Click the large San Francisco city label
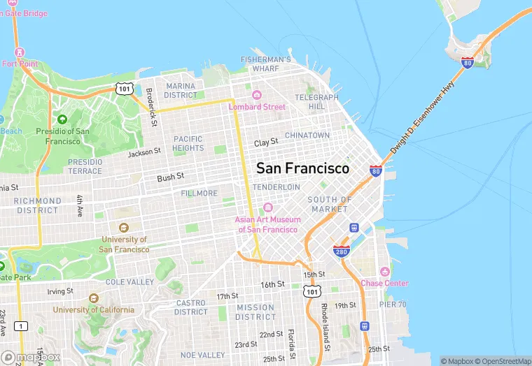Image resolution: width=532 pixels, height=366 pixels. pos(302,169)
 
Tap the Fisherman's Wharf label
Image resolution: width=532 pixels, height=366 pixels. pos(265,64)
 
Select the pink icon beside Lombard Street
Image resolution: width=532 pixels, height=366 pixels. pos(256,95)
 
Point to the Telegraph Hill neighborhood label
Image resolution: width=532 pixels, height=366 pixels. pos(316,102)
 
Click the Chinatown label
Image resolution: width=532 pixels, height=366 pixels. pos(307,135)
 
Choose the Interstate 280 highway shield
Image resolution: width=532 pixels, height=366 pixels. pos(341,251)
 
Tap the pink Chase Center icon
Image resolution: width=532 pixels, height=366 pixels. pos(384,272)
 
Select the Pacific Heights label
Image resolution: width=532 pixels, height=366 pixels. pos(188,143)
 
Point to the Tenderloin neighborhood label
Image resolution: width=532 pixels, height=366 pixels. pos(276,187)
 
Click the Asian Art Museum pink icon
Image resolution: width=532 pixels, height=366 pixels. pos(267,208)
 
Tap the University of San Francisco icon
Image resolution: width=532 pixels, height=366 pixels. pos(124,227)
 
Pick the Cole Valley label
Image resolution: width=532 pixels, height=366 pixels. pos(129,281)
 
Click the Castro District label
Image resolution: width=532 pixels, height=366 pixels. pos(190,307)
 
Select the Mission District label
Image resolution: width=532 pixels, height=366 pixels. pos(255,312)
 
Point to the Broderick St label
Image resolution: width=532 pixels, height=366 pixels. pos(149,107)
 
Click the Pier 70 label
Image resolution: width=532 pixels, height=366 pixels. pos(393,305)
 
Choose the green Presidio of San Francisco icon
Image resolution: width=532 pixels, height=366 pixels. pos(62,119)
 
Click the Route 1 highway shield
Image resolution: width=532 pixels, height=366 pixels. pos(22,326)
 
